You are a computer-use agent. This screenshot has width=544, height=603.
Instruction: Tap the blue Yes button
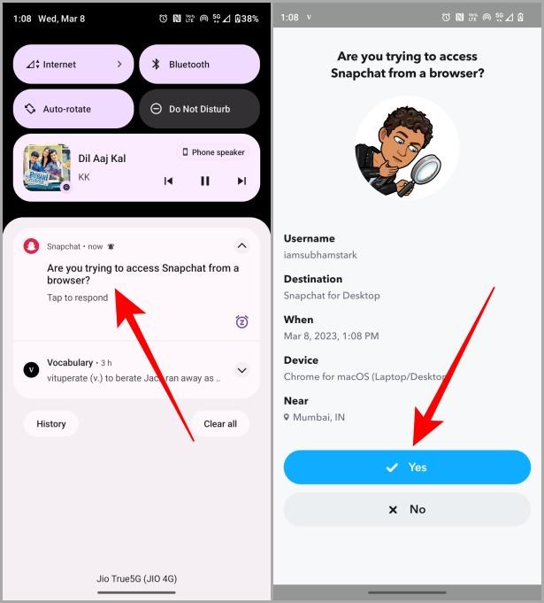coord(407,467)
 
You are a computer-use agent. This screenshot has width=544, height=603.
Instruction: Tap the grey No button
coord(407,509)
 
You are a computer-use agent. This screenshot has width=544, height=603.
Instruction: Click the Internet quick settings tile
coord(73,65)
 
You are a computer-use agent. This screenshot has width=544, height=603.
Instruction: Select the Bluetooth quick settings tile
coord(199,65)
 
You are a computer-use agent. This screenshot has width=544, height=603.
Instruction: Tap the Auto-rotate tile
coord(73,109)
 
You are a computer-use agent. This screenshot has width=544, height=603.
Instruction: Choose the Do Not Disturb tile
coord(199,109)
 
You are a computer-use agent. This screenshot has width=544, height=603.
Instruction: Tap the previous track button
coord(168,181)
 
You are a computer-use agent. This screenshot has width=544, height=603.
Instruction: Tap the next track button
coord(241,181)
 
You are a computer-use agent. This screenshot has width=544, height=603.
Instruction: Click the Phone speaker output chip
coord(213,152)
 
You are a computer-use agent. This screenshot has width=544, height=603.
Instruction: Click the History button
coord(51,423)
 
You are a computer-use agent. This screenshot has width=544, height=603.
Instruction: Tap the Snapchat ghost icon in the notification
coord(32,246)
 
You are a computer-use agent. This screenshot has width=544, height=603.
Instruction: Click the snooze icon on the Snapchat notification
coord(241,321)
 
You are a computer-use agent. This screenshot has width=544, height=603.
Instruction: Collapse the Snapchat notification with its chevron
coord(241,246)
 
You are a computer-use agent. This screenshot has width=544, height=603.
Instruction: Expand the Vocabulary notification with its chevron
coord(241,370)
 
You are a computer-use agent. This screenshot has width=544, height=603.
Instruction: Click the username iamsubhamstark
coord(319,255)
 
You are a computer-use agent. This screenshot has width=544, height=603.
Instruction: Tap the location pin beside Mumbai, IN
coord(287,416)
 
